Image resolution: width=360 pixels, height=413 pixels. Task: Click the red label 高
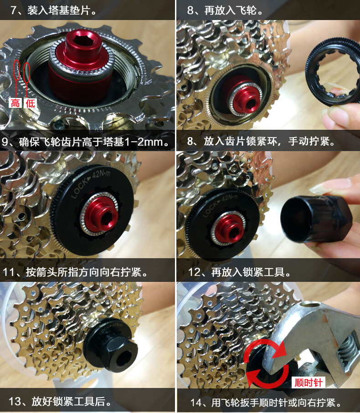point(15,103)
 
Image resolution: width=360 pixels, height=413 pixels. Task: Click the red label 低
point(30,103)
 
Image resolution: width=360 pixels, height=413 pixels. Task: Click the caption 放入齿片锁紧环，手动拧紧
point(269,142)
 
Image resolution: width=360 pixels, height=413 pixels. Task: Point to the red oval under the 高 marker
point(17,73)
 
